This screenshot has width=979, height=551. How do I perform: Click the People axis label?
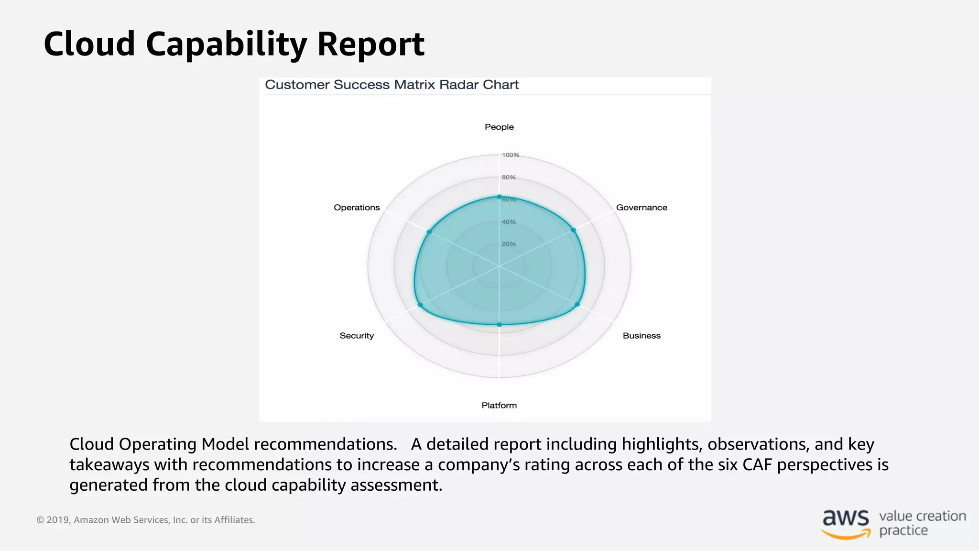[x=499, y=127]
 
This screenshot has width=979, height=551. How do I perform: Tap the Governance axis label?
[x=641, y=208]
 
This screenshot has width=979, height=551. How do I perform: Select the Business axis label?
[x=641, y=336]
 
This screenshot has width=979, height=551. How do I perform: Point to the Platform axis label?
[x=499, y=406]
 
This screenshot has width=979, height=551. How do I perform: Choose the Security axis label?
[x=357, y=336]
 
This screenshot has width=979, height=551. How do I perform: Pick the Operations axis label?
[x=357, y=208]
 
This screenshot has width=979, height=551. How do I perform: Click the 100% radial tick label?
[x=510, y=155]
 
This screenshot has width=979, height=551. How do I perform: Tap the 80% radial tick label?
[x=509, y=177]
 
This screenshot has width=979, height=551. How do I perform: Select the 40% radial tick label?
[x=509, y=222]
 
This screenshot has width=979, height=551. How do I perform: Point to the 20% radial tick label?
[x=509, y=244]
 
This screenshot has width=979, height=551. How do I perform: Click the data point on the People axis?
[x=499, y=197]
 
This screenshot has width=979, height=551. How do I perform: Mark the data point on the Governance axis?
[x=574, y=230]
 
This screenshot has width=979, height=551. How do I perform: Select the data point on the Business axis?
[x=577, y=304]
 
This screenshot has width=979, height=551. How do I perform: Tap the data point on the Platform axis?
[x=499, y=325]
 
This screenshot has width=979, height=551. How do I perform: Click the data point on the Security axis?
[x=420, y=305]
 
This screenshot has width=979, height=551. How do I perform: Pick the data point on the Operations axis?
[x=429, y=232]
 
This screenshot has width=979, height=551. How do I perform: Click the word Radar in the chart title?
[x=458, y=85]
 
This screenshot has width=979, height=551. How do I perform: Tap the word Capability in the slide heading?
[x=226, y=44]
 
